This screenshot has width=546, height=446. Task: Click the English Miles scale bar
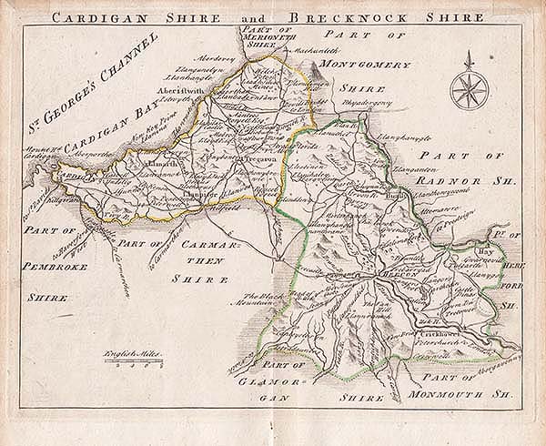click(x=131, y=362)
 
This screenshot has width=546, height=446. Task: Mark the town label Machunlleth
click(x=318, y=55)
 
